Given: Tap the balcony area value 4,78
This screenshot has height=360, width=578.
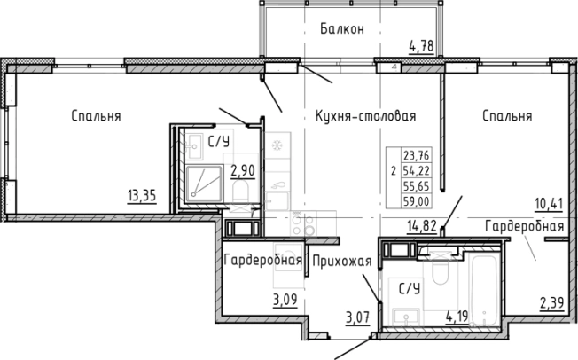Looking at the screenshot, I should pyautogui.click(x=420, y=45).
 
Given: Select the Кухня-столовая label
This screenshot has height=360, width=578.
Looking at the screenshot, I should pyautogui.click(x=365, y=116).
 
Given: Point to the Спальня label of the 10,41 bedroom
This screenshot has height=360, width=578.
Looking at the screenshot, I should pyautogui.click(x=507, y=116).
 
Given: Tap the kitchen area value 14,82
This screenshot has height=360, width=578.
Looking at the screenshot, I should pyautogui.click(x=422, y=226).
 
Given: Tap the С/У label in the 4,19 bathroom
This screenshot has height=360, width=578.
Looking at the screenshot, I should pyautogui.click(x=408, y=287).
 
